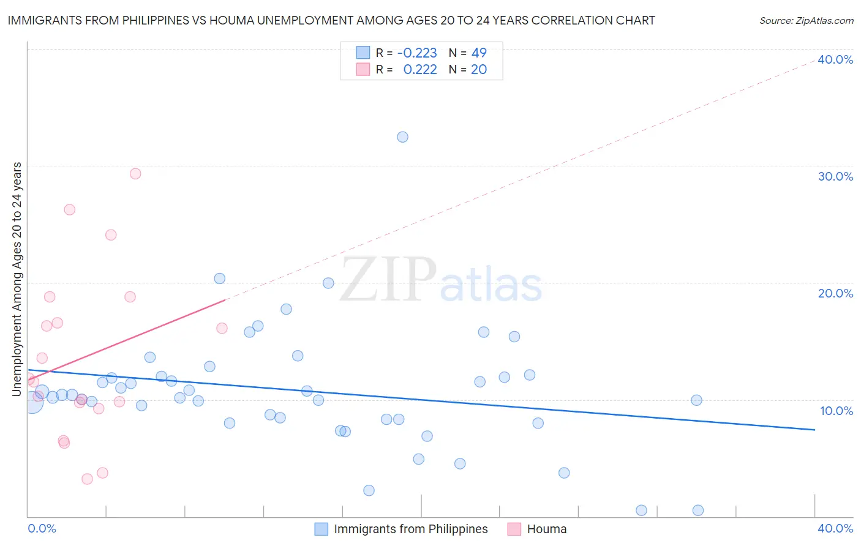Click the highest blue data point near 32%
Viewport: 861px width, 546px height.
point(402,137)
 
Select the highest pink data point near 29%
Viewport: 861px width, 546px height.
point(135,174)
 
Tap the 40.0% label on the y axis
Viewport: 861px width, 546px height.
point(835,60)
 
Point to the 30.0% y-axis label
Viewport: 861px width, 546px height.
point(835,177)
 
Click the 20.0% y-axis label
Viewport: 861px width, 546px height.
point(835,294)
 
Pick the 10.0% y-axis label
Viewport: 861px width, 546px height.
point(837,411)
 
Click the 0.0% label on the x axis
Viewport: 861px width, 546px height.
point(42,529)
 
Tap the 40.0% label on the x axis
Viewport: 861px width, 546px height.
point(835,529)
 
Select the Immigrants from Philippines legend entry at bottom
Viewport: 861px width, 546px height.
point(410,529)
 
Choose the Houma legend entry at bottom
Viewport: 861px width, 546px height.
point(546,529)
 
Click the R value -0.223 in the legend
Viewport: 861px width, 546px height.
point(417,53)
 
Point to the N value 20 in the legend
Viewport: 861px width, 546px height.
point(479,70)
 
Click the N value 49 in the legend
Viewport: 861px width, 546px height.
point(479,53)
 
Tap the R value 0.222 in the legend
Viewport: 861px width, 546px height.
point(420,70)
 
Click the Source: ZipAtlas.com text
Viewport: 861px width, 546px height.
point(806,21)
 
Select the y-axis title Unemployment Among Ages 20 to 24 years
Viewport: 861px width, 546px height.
point(17,279)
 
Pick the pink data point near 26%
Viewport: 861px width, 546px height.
point(69,210)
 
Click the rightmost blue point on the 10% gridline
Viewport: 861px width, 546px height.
point(696,400)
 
